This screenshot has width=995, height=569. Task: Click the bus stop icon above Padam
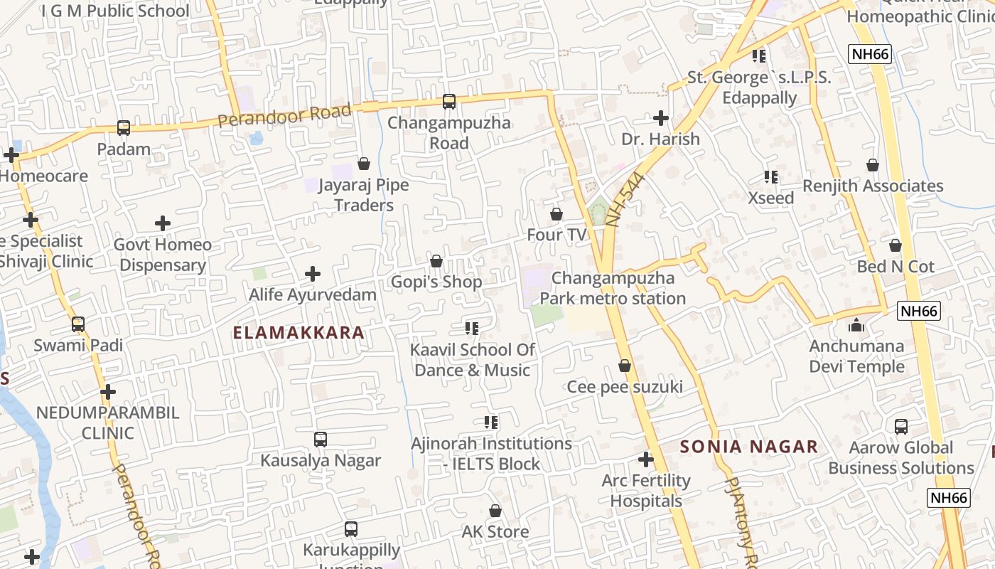[124, 128]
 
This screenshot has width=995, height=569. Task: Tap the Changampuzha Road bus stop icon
[449, 102]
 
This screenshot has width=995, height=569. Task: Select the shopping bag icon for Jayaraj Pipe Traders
[364, 164]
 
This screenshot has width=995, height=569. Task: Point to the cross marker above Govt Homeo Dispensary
[163, 223]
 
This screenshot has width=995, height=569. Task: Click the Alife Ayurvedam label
[313, 294]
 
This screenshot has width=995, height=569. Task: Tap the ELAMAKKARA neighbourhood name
[298, 333]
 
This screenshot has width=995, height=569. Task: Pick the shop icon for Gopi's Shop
[436, 261]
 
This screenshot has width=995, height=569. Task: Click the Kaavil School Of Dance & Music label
[472, 360]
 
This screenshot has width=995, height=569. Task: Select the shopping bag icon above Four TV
[556, 214]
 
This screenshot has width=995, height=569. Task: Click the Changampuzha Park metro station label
[613, 288]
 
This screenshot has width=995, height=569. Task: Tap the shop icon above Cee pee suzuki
[625, 366]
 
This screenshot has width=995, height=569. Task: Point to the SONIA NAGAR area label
[749, 447]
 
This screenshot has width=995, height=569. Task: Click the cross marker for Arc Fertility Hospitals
[646, 459]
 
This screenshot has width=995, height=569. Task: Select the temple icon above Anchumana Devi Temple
[857, 326]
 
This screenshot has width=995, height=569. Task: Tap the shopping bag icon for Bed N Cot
[895, 245]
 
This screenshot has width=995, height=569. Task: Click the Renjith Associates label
[873, 186]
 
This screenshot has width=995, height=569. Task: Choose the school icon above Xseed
[771, 176]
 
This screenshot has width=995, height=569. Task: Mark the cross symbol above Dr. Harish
[661, 117]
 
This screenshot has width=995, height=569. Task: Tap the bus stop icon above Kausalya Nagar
[321, 440]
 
